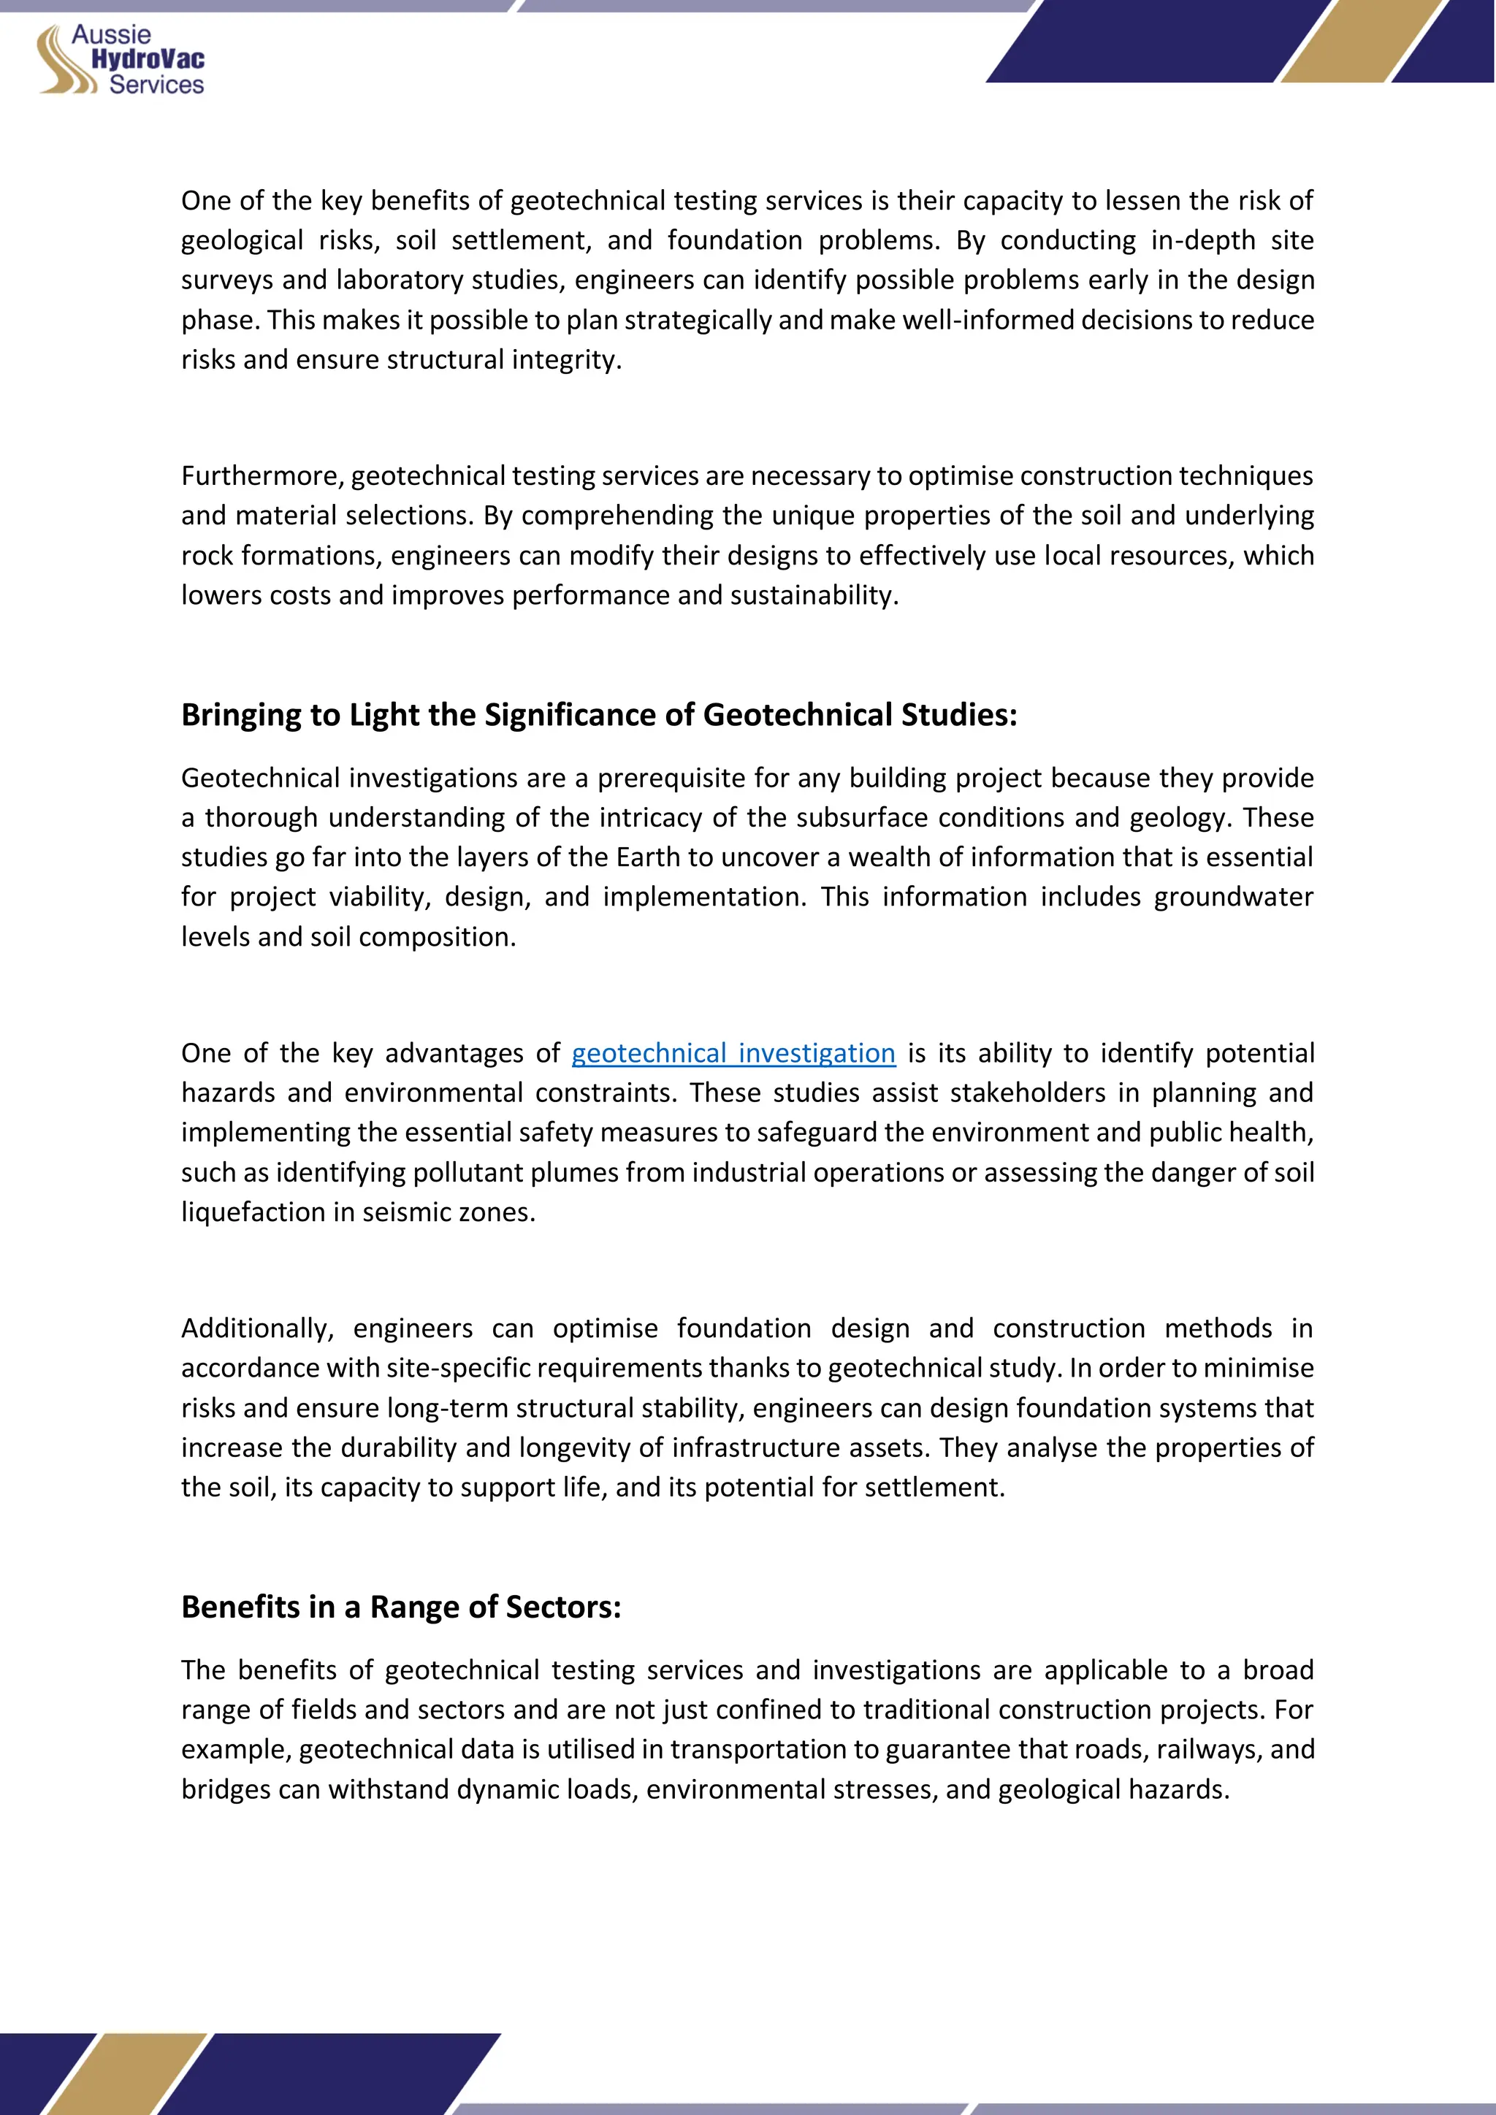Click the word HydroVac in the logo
pyautogui.click(x=148, y=60)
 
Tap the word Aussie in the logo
pyautogui.click(x=112, y=34)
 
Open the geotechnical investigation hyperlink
pyautogui.click(x=733, y=1053)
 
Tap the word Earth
pyautogui.click(x=649, y=857)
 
